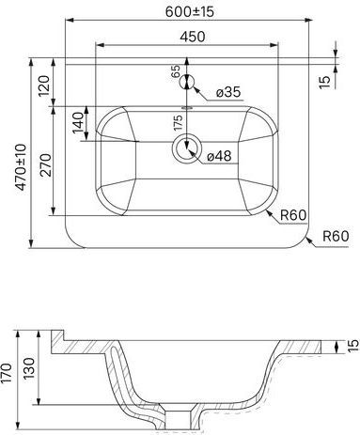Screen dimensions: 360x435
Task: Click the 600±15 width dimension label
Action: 190,12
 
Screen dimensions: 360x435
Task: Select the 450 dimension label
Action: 193,37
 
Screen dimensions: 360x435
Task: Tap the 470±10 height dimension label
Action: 22,167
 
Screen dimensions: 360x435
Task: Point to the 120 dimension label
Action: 44,85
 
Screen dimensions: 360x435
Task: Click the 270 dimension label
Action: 46,164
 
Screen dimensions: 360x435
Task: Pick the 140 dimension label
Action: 79,122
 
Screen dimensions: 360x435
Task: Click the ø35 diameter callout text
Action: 228,92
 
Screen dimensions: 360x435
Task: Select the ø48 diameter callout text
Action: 219,156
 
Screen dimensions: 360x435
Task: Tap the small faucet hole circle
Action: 187,83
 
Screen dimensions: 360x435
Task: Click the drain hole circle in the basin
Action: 187,148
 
